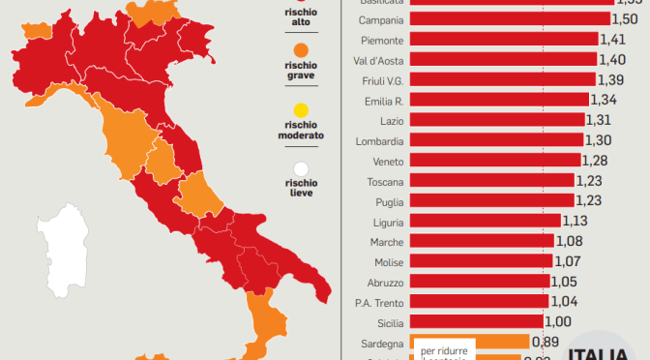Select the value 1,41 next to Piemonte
[x=611, y=40]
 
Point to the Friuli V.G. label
[x=380, y=79]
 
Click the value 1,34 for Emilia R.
[x=603, y=100]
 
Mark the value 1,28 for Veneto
[x=594, y=160]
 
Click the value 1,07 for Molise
[x=566, y=261]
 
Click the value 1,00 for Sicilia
[x=558, y=321]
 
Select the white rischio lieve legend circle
[x=301, y=168]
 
